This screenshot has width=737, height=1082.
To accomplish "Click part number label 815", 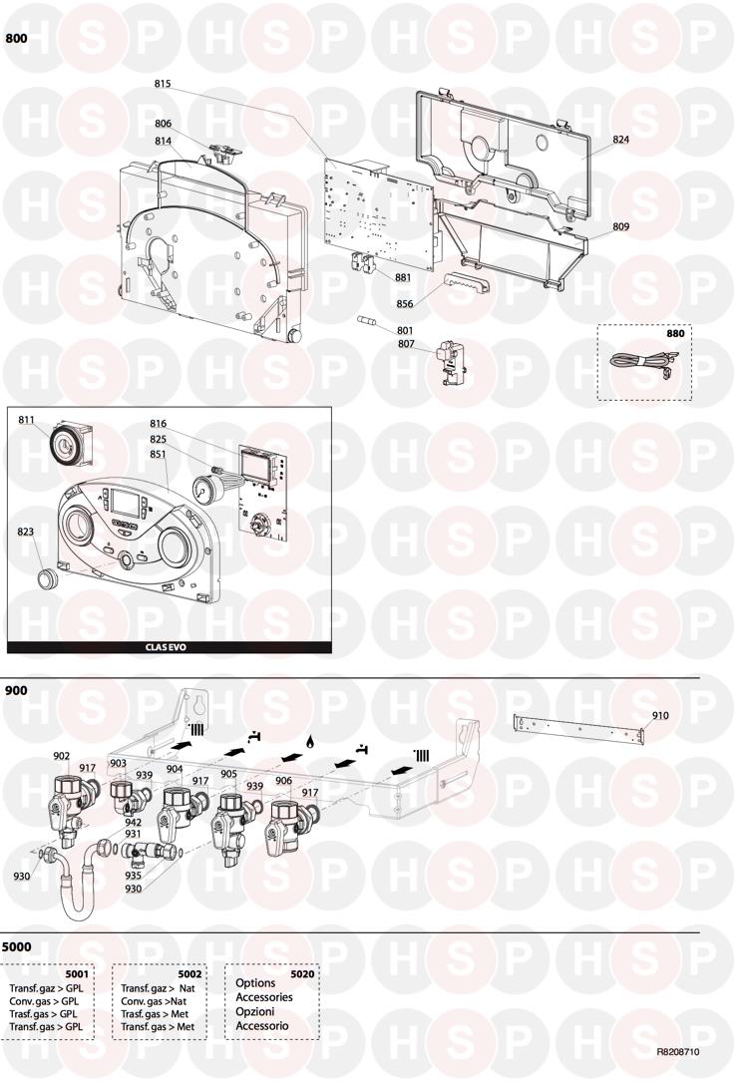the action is coord(163,84).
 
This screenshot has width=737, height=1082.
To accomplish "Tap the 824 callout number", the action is coord(620,139).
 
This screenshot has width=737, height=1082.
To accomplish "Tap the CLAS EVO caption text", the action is coord(166,647).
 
